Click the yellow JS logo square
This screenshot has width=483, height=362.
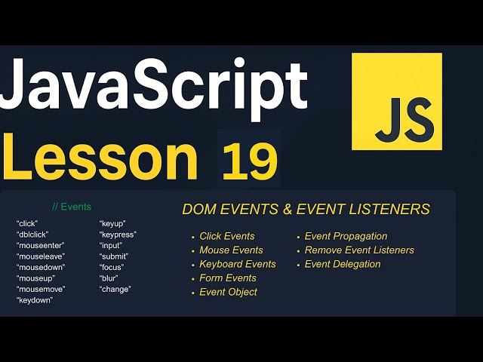click(397, 101)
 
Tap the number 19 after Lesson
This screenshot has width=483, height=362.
click(249, 160)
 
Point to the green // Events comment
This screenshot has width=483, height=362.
click(72, 207)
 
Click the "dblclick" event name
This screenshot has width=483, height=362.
click(32, 235)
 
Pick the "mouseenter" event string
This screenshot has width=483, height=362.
click(41, 245)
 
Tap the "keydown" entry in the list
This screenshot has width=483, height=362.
click(35, 300)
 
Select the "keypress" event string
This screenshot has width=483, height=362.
click(118, 235)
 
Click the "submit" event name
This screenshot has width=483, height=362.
click(114, 256)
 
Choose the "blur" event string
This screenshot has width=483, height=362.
click(109, 278)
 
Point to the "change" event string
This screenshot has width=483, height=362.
click(115, 289)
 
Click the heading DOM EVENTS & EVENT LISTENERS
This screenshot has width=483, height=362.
click(306, 209)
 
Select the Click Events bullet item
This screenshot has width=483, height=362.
click(227, 236)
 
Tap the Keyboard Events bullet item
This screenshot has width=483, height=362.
click(238, 264)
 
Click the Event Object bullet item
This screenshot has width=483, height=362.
click(228, 292)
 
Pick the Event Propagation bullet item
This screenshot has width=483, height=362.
click(346, 236)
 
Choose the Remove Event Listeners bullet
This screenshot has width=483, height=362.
click(359, 250)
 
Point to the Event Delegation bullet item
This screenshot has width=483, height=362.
click(343, 264)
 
